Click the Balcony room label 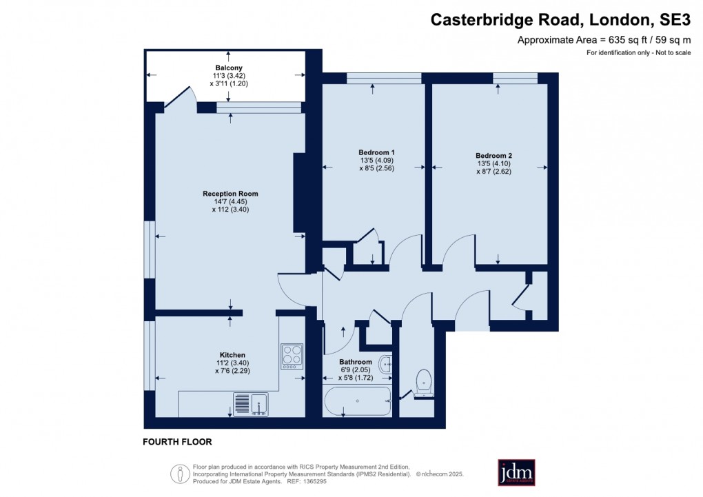228,68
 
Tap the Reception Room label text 230,194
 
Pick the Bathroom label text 356,362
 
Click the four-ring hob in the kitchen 292,356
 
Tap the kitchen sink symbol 251,404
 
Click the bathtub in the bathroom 358,400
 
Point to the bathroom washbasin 386,364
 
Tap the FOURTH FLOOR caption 177,442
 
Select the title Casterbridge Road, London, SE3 560,20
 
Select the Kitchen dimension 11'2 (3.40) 229,363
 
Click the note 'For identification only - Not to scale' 638,53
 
